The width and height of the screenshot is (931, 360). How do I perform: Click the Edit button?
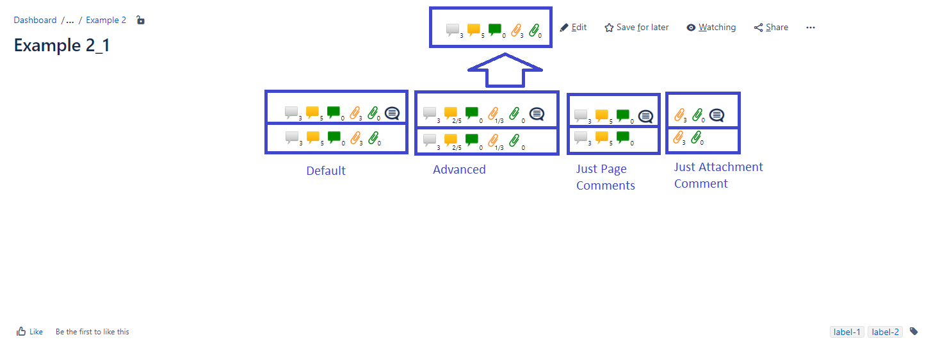coord(573,28)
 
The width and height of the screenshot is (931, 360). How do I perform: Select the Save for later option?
coord(636,28)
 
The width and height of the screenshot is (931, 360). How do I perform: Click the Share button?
coord(771,28)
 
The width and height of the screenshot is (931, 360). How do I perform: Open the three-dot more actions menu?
coord(811,28)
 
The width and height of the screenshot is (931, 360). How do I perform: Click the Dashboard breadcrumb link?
coord(35,20)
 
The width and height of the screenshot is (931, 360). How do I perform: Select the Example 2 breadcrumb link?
coord(106,20)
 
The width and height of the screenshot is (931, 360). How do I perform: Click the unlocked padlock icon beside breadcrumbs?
coord(141,20)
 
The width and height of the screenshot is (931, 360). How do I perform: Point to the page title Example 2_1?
coord(62,45)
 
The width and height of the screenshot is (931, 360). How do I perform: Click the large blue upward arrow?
coord(505,70)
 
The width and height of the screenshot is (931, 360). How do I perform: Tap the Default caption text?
coord(326,171)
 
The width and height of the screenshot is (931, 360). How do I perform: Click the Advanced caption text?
coord(459,170)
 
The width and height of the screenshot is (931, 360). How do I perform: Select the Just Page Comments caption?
coord(605,177)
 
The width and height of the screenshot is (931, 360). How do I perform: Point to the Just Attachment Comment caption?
coord(718,176)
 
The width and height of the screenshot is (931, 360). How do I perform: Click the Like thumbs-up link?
coord(30,332)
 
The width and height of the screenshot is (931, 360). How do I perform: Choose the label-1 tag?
coord(846,332)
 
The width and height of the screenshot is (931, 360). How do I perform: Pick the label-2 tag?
coord(885,332)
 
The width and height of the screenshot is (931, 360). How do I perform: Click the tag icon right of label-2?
coord(914,331)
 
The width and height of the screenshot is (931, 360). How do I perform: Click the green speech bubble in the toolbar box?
coord(495,29)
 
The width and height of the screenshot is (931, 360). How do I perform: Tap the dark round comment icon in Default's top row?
coord(392,113)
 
